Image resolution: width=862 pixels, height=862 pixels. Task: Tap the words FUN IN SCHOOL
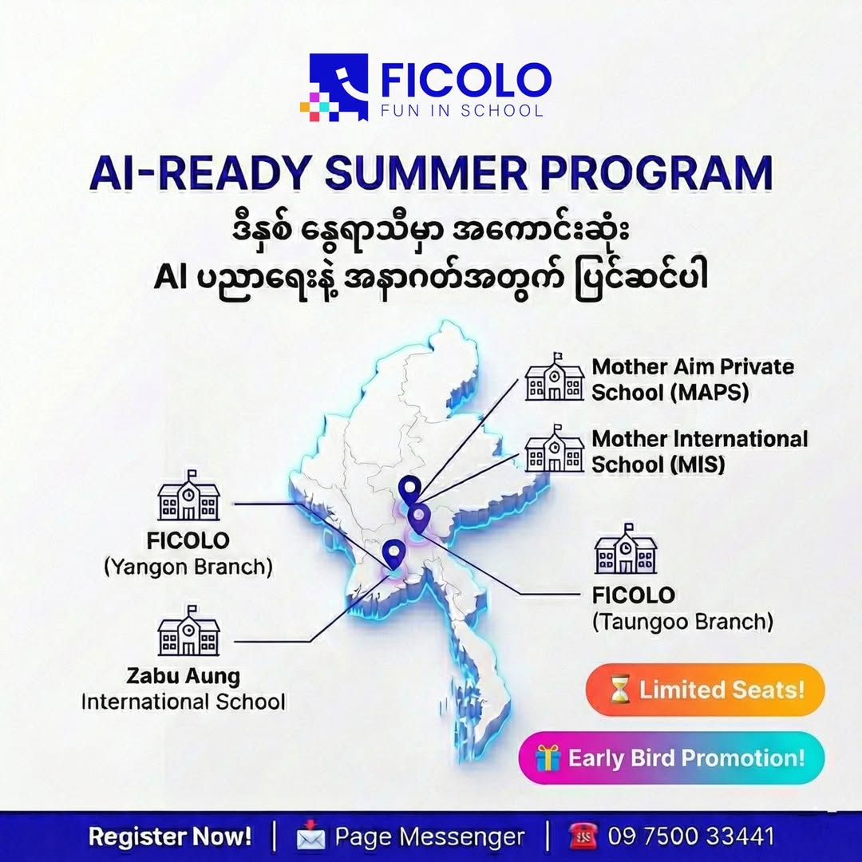coord(462,110)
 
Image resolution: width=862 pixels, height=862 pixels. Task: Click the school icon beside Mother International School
coord(554,452)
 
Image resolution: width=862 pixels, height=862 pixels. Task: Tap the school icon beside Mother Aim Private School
coord(554,378)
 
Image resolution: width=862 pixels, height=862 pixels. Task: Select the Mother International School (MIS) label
coord(699,451)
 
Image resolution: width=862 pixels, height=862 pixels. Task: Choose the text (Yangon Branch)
coord(188,567)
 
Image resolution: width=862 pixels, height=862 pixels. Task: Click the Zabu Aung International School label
coord(183,689)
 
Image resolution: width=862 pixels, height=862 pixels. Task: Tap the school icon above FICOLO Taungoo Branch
coord(626,551)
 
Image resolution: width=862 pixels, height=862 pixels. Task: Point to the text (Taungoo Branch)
coord(682,621)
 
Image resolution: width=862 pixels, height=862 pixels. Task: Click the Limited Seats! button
coord(705,690)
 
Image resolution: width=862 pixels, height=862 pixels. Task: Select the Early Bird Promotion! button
coord(671,757)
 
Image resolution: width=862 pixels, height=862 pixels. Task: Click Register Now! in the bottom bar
coord(170,836)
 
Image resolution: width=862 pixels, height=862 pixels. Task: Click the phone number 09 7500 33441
coord(691,836)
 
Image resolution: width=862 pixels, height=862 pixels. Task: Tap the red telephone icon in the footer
coord(584,836)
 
